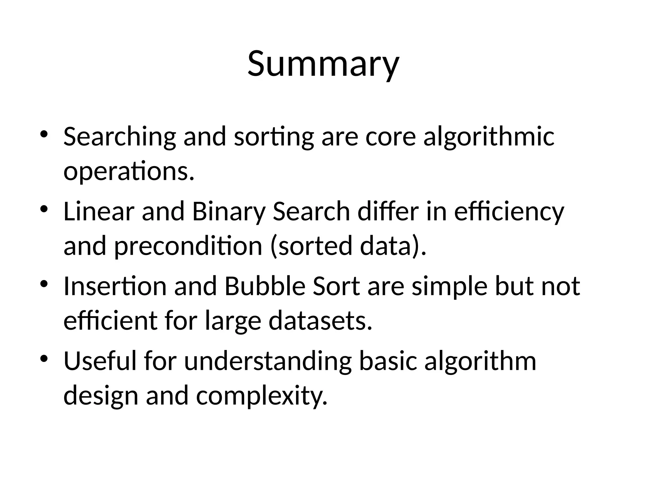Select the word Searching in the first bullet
pyautogui.click(x=119, y=137)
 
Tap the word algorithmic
pyautogui.click(x=489, y=137)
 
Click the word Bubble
pyautogui.click(x=265, y=286)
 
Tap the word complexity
pyautogui.click(x=262, y=396)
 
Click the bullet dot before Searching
pyautogui.click(x=44, y=134)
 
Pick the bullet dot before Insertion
pyautogui.click(x=44, y=283)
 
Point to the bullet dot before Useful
pyautogui.click(x=44, y=358)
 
